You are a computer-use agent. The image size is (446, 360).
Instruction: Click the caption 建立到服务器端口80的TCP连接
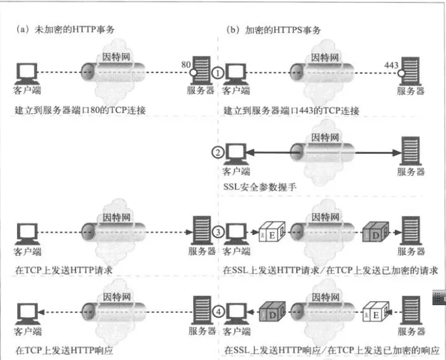pyautogui.click(x=82, y=110)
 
